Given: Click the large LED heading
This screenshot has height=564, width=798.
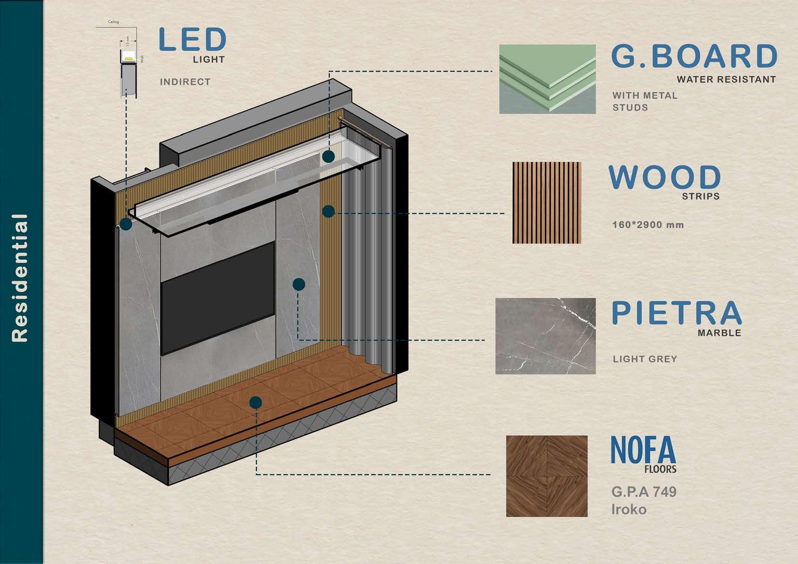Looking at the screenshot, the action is tap(192, 40).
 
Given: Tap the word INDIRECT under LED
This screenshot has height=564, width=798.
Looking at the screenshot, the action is tap(185, 82).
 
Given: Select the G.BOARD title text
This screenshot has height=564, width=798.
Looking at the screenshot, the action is tap(694, 56).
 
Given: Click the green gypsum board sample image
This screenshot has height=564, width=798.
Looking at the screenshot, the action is tap(547, 79).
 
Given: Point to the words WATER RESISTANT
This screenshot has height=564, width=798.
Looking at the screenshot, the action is tap(726, 80).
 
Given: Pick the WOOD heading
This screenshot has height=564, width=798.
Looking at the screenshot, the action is tap(664, 177).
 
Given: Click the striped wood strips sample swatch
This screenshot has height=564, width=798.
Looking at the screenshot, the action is tap(547, 203).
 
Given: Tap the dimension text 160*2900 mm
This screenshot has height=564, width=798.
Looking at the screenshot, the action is tap(648, 225).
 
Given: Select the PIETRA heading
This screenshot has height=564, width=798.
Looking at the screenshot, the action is tap(676, 313).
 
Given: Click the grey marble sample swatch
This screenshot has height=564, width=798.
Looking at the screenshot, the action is tap(545, 336).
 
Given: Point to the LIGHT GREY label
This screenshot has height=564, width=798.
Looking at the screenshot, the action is tap(645, 359).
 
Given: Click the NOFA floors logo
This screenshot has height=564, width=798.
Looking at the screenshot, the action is tap(644, 454).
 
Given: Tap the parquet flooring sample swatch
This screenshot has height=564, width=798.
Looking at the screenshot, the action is tap(547, 476).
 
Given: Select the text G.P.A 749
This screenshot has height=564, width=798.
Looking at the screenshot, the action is tap(644, 492).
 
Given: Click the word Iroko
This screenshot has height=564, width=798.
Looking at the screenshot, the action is tap(629, 509).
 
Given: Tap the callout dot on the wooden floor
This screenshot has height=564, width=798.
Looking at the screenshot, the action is tap(256, 402).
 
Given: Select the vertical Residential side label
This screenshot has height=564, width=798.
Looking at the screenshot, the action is tap(20, 278).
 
